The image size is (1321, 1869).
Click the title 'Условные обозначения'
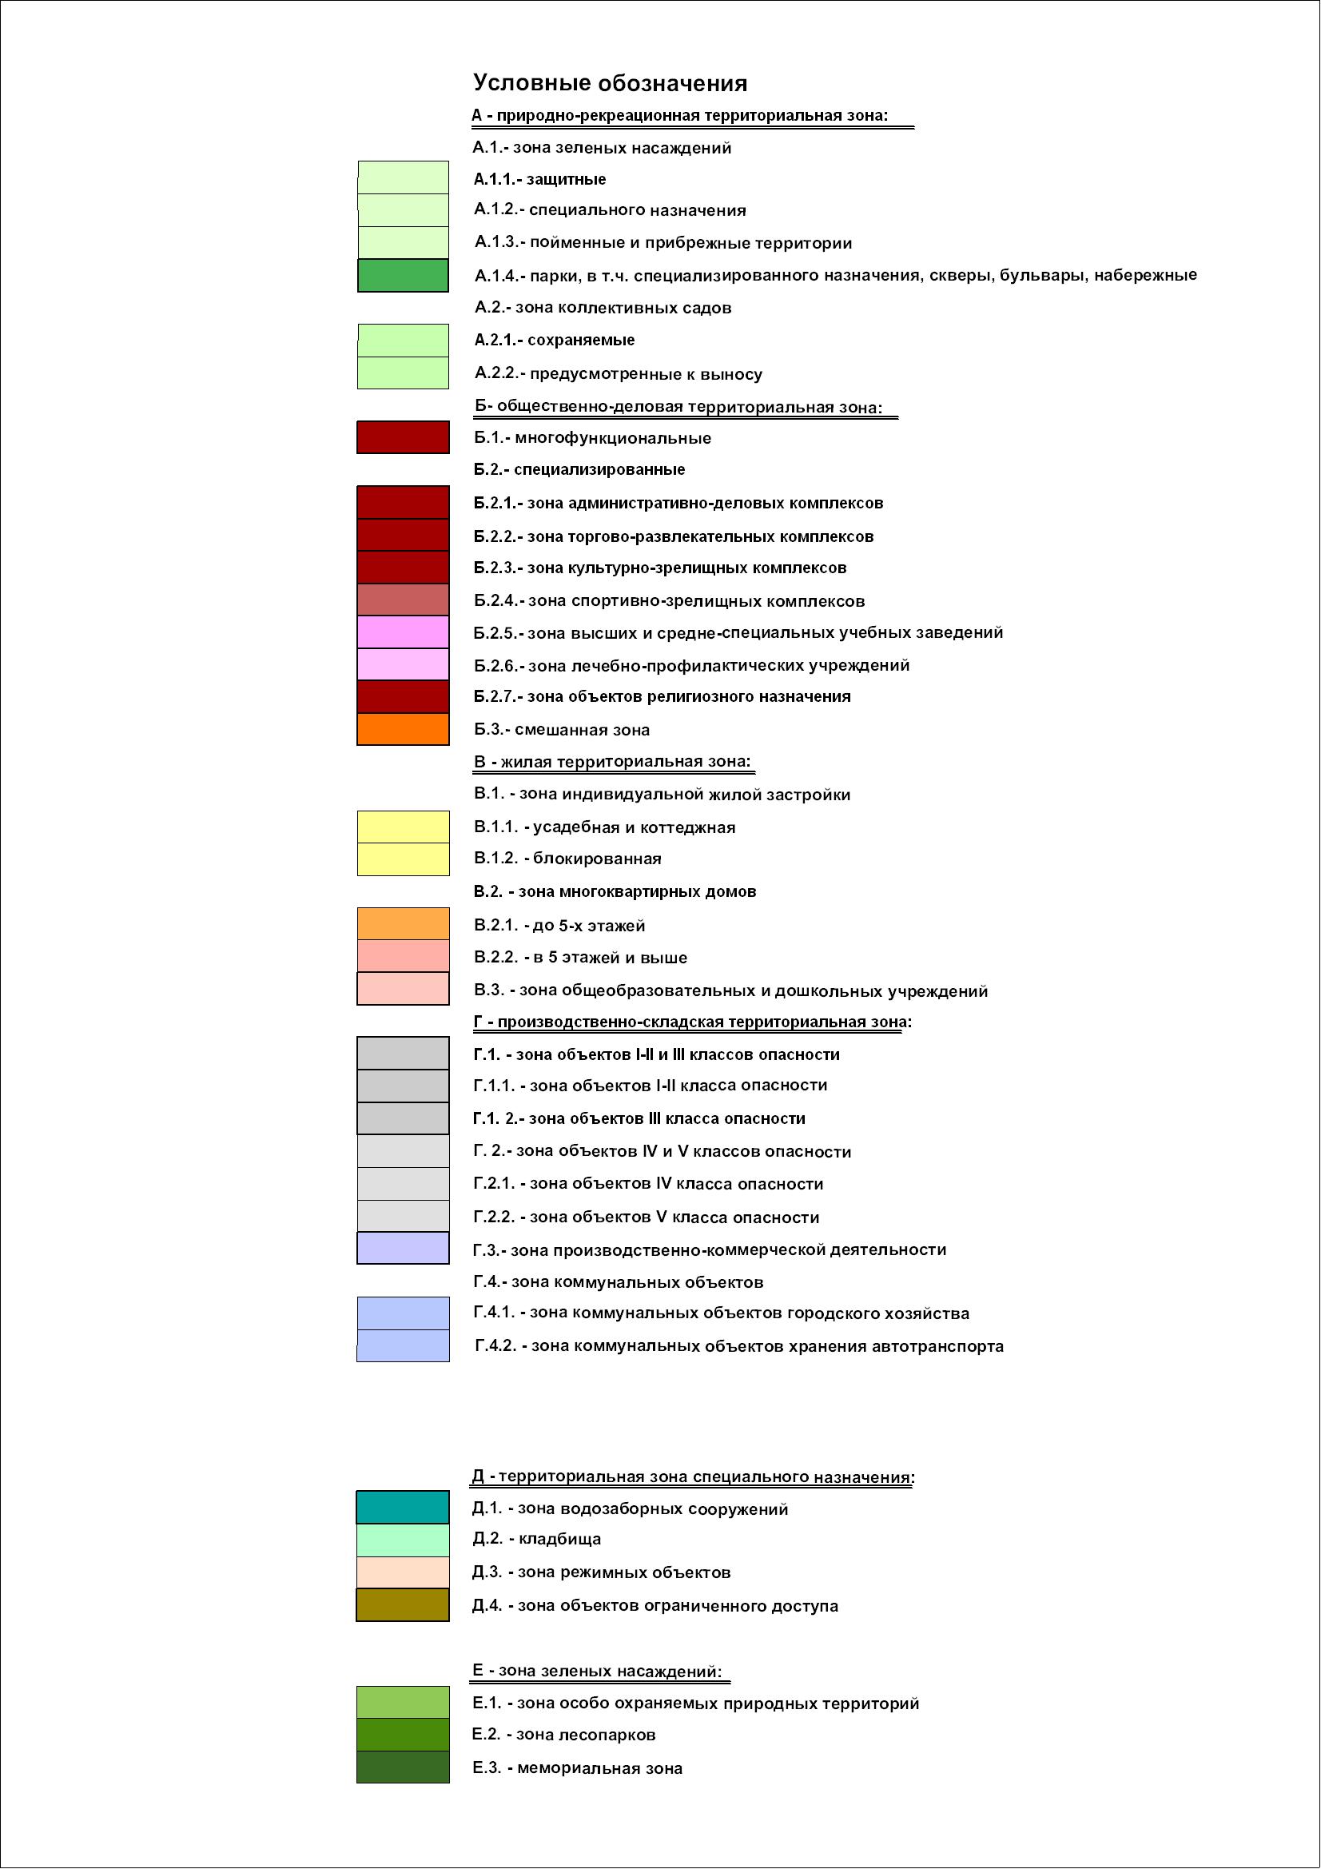point(610,83)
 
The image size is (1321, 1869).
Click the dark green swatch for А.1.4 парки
point(403,275)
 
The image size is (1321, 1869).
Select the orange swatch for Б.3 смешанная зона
point(403,729)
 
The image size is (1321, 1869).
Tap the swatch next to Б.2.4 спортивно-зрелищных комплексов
point(403,600)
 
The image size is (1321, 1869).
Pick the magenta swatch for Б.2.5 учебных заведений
point(403,632)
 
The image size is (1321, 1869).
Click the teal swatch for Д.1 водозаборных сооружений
point(403,1508)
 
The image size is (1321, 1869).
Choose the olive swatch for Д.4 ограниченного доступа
point(403,1605)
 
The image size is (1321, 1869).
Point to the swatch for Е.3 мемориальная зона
point(403,1767)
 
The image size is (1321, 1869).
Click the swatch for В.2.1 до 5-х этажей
point(403,924)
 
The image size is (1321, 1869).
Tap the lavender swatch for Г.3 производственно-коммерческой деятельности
point(403,1249)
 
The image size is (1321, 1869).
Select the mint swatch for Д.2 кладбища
point(403,1540)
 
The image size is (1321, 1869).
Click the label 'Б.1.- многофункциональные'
point(592,438)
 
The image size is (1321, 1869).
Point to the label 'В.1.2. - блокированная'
point(567,859)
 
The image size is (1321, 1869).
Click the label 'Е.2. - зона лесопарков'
point(563,1735)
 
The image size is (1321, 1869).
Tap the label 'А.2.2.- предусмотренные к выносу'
point(619,373)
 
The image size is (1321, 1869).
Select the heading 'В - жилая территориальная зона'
point(612,761)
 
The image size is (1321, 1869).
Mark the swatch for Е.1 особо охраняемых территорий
point(403,1702)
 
